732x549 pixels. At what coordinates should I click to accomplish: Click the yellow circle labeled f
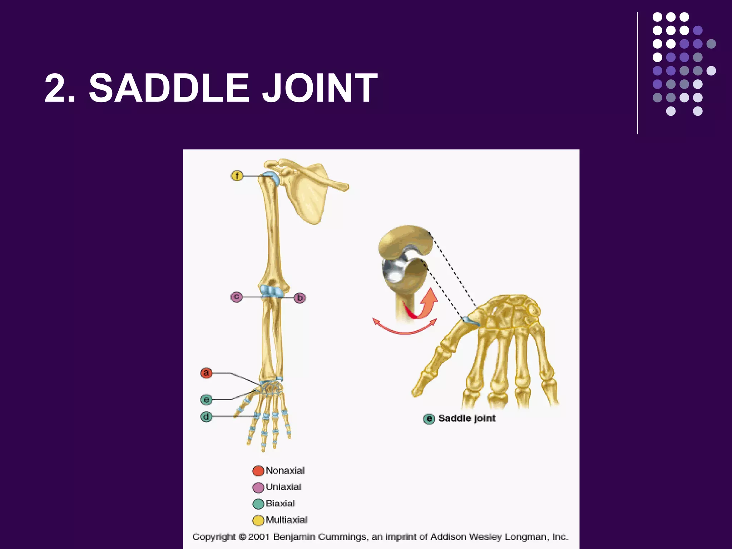(x=237, y=176)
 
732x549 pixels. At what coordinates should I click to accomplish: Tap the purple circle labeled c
(x=236, y=297)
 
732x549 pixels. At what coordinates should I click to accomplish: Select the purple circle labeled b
(x=300, y=298)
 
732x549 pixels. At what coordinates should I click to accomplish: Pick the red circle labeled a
(x=206, y=373)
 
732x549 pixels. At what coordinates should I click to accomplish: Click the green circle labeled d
(x=206, y=417)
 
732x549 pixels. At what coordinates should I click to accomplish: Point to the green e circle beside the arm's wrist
(x=206, y=399)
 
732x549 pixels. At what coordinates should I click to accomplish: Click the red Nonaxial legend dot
(x=258, y=471)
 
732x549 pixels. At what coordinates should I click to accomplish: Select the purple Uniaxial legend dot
(x=258, y=487)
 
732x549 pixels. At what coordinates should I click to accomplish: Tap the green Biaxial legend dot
(x=258, y=504)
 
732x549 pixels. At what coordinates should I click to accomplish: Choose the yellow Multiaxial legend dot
(x=258, y=520)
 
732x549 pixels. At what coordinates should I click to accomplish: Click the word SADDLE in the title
(x=168, y=88)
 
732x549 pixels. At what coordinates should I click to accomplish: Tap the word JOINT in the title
(x=320, y=88)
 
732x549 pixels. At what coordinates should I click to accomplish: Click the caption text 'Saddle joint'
(x=466, y=418)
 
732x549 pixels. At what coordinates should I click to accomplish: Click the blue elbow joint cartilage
(x=271, y=291)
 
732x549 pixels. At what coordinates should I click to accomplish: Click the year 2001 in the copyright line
(x=258, y=537)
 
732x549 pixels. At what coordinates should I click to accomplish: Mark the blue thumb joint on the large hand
(x=471, y=321)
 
